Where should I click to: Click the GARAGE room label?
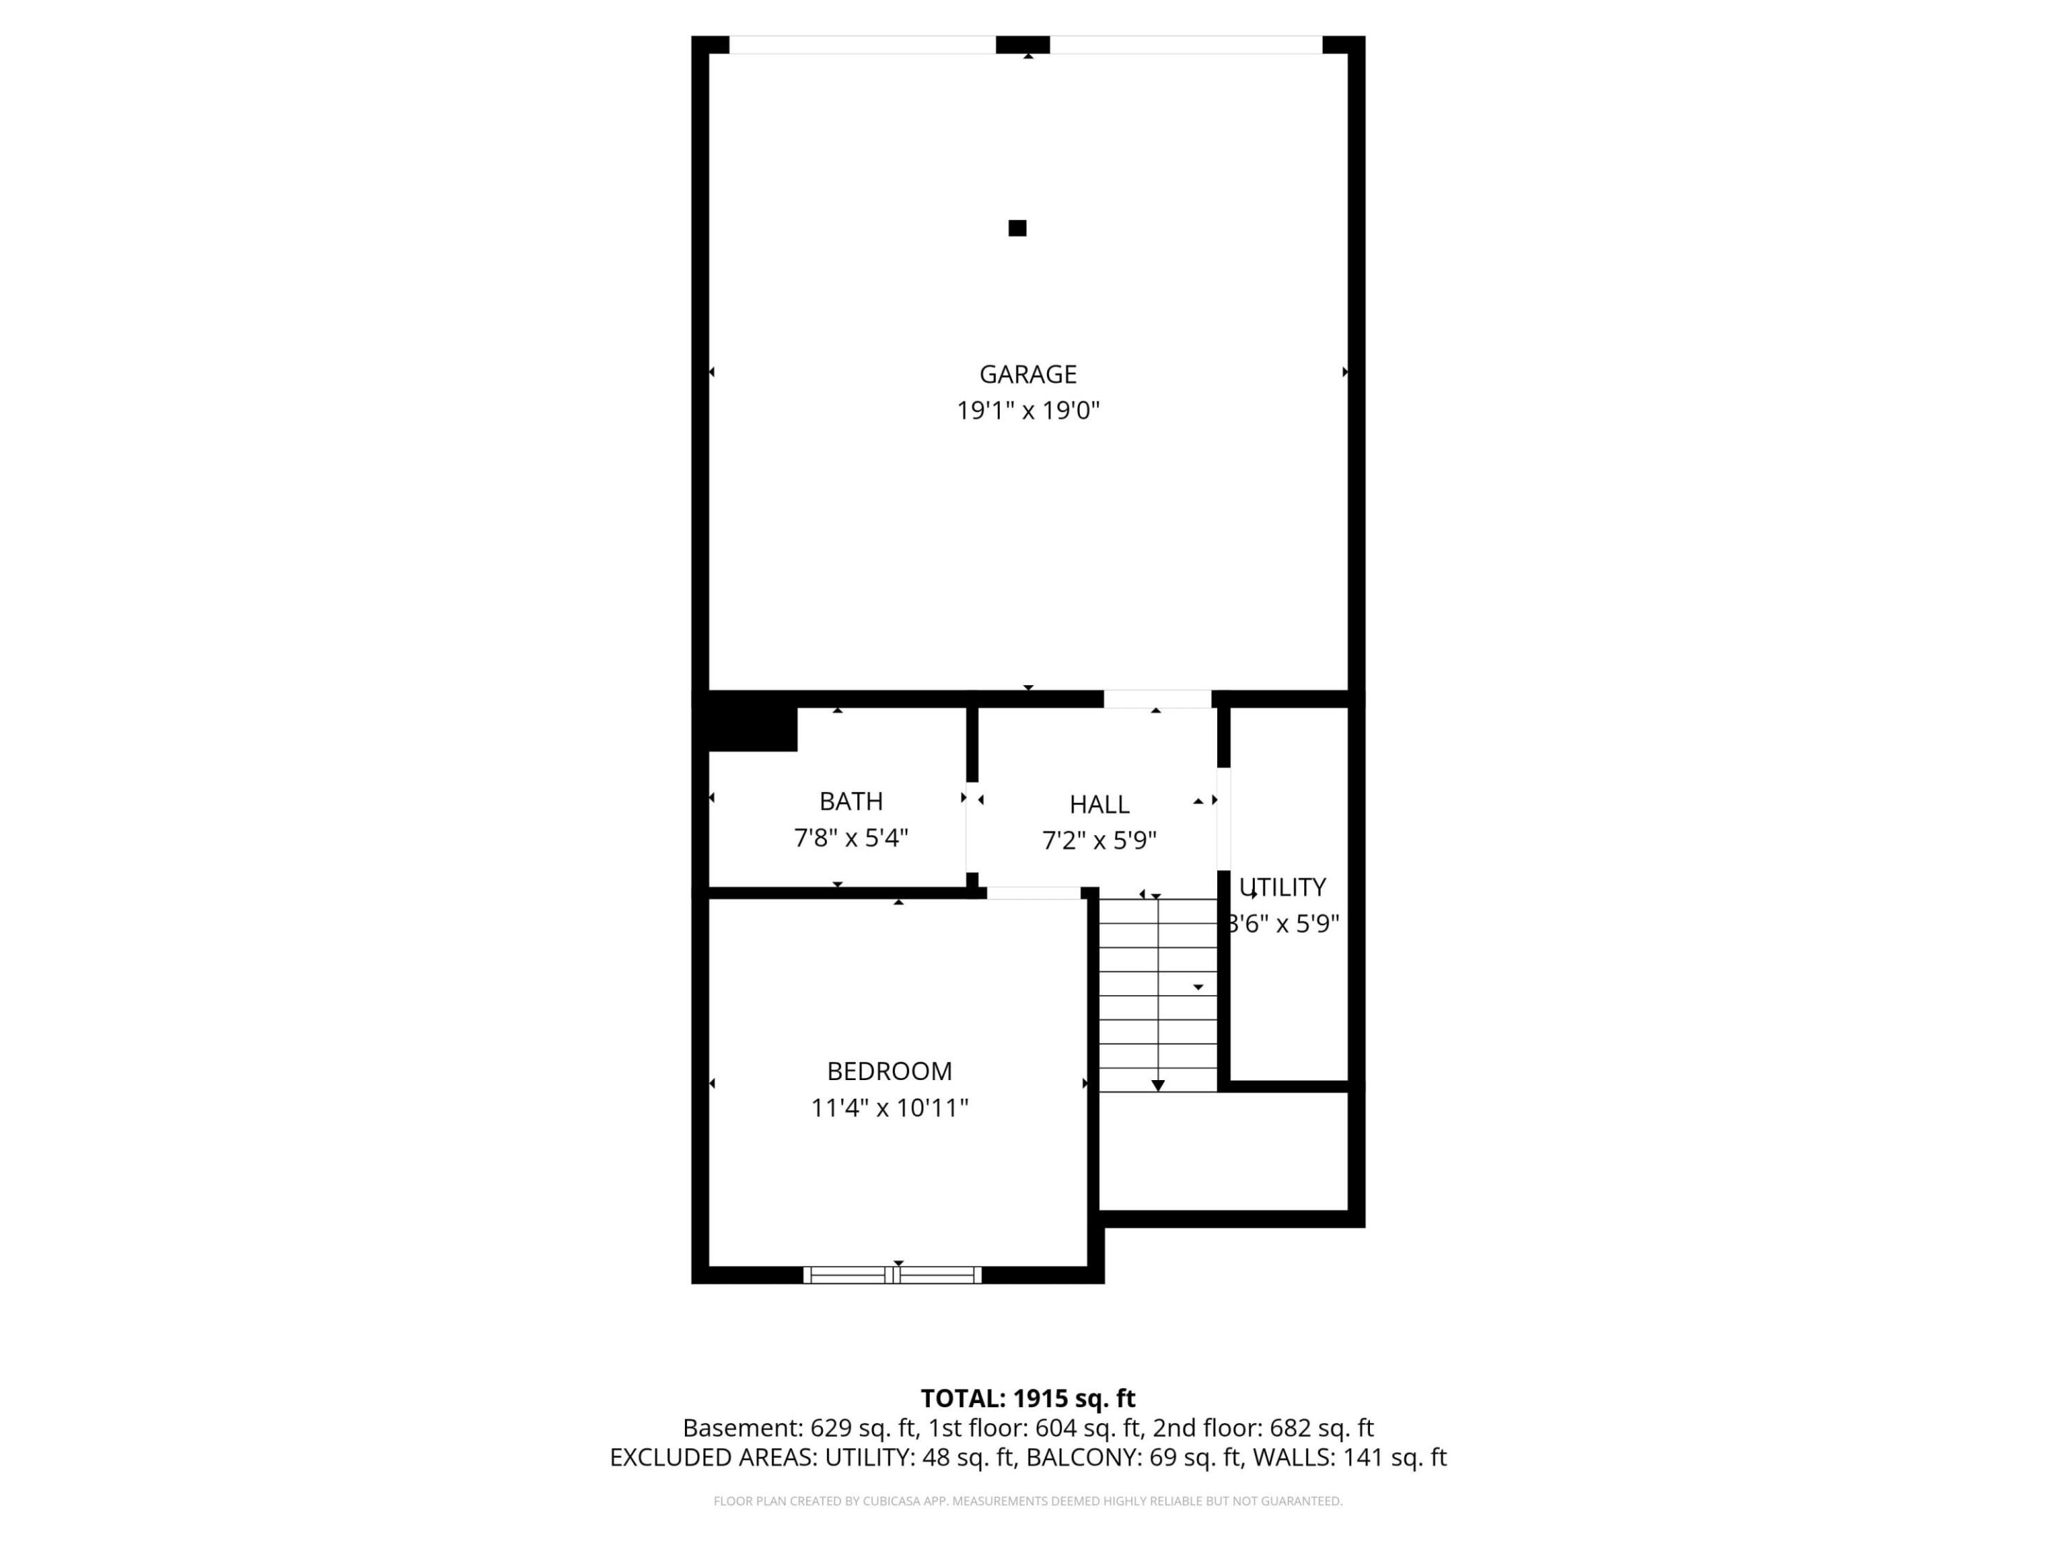coord(1028,374)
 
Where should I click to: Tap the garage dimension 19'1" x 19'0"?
coord(1028,410)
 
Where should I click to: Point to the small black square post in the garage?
coord(1017,228)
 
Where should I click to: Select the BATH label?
coord(851,801)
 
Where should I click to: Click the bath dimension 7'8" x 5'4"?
coord(851,838)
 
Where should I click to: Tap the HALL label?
coord(1099,804)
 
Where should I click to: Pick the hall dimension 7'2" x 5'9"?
coord(1099,841)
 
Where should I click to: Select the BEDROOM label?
coord(889,1072)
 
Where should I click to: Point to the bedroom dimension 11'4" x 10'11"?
coord(889,1109)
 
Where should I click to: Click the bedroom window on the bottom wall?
coord(893,1275)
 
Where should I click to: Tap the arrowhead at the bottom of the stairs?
coord(1158,1085)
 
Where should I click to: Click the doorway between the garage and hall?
coord(1157,699)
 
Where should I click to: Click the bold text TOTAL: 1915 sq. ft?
coord(1028,1398)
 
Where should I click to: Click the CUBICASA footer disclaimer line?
coord(1028,1501)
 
